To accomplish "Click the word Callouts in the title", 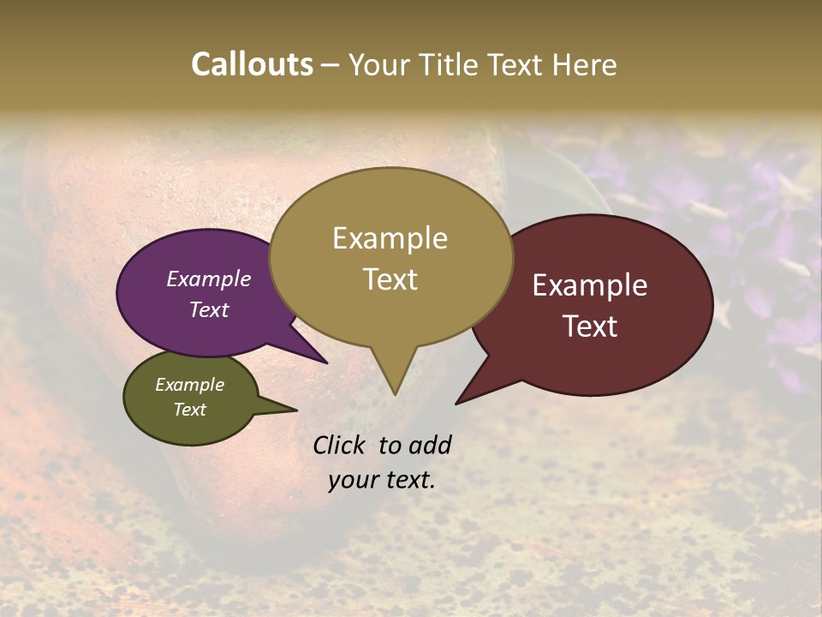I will pos(252,64).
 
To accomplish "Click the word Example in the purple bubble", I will pos(209,279).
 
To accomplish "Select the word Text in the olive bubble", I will pos(190,410).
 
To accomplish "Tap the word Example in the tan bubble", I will pos(390,238).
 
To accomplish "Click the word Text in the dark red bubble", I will pos(591,326).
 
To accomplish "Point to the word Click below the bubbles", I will pos(341,445).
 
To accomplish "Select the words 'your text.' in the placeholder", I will pos(382,480).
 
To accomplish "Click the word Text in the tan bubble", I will pos(390,279).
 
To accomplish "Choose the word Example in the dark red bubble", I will pos(591,285).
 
